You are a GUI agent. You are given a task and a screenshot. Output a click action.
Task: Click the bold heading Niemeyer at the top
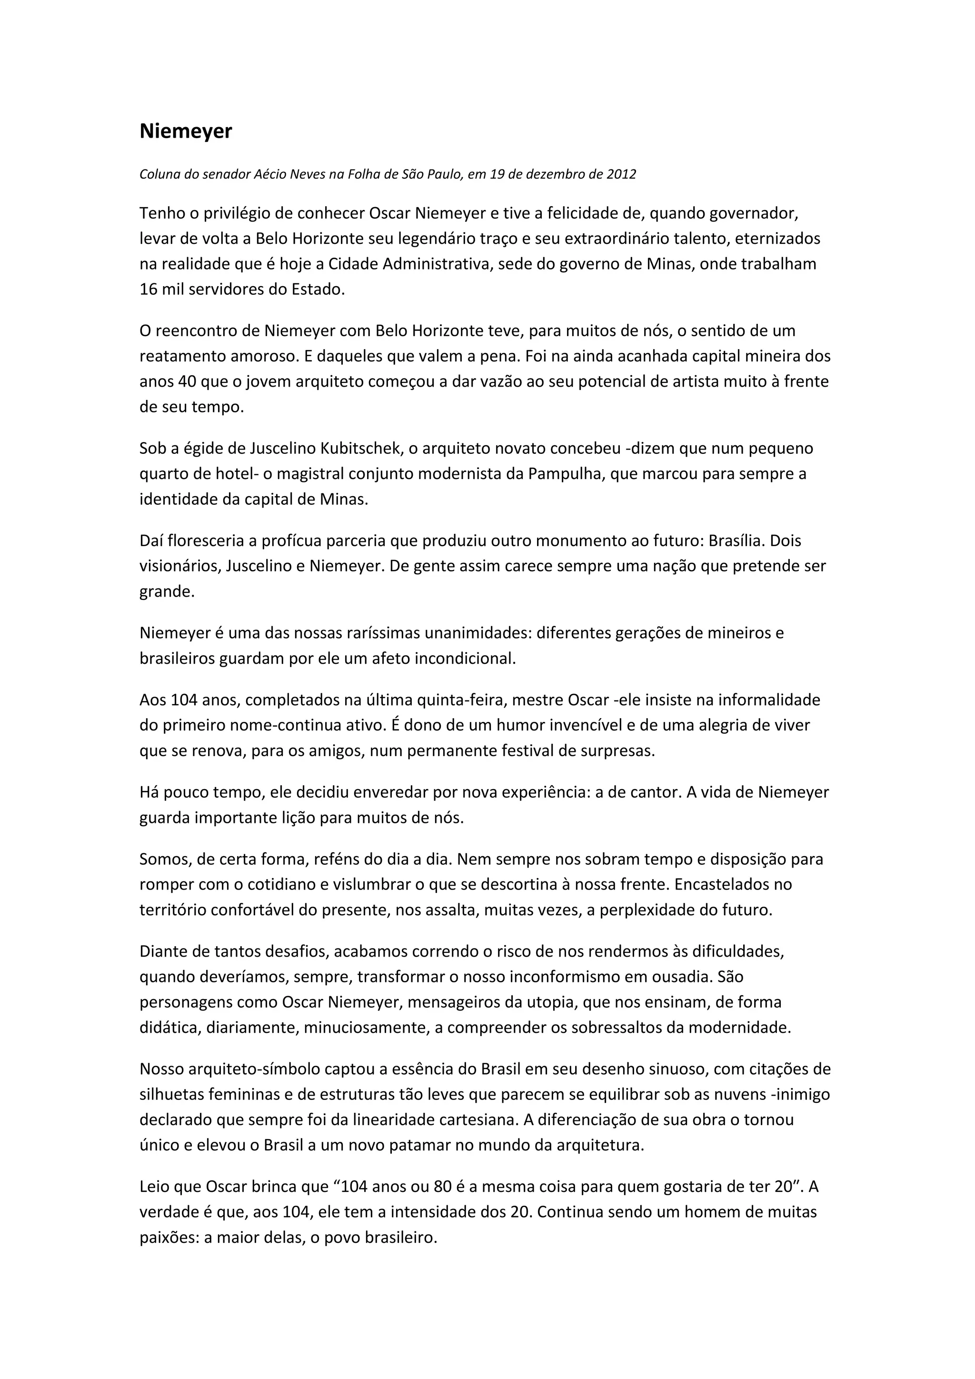[186, 131]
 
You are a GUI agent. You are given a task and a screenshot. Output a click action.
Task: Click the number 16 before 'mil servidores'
[148, 289]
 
